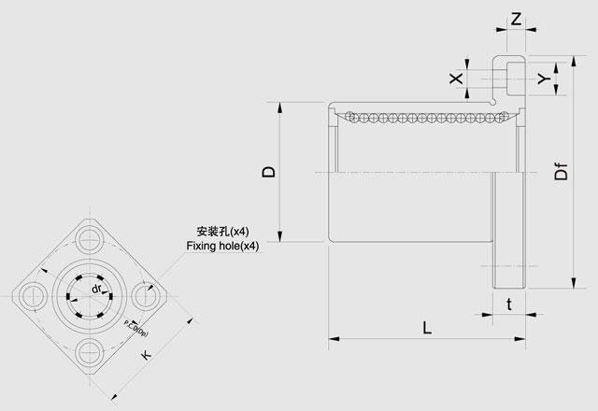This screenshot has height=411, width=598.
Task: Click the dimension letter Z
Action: point(517,19)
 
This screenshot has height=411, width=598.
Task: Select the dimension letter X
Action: point(456,78)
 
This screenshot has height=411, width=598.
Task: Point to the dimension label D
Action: point(267,171)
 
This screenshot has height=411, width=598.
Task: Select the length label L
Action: point(426,328)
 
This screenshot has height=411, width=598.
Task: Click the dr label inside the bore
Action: point(95,291)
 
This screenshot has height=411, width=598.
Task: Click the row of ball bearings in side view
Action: point(420,118)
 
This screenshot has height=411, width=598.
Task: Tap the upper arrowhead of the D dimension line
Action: point(280,106)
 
